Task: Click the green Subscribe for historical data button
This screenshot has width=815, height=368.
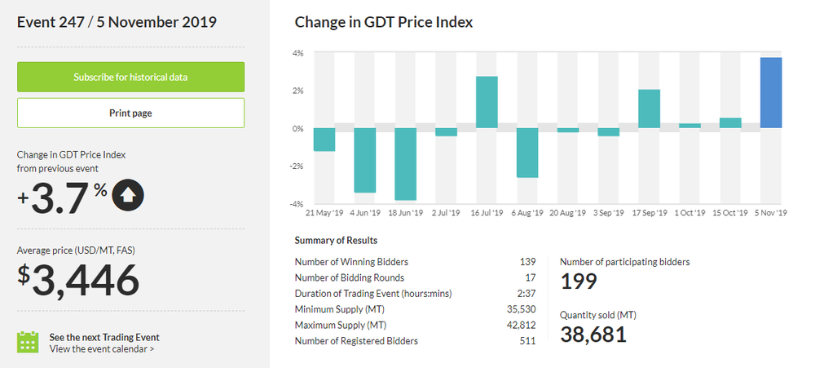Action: (130, 78)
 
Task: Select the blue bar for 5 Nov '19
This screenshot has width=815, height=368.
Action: (771, 93)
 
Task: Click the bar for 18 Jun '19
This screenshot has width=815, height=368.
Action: (405, 163)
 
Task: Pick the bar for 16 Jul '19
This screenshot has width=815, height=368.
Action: (487, 102)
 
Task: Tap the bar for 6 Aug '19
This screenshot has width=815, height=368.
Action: (527, 153)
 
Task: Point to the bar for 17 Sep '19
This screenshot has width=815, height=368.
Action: (649, 109)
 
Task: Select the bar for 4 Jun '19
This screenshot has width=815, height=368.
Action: (364, 160)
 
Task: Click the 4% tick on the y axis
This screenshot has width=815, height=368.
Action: (298, 53)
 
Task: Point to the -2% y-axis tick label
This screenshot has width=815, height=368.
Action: (297, 166)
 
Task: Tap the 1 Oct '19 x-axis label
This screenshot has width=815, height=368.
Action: (689, 213)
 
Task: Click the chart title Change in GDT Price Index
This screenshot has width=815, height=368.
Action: (384, 22)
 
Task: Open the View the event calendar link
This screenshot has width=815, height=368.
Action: (102, 349)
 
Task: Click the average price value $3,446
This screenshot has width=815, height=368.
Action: (80, 280)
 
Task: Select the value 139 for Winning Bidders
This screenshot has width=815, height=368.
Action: (527, 262)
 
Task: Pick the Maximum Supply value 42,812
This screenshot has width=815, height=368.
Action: (522, 325)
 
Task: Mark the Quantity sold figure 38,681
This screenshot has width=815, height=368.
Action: (593, 334)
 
